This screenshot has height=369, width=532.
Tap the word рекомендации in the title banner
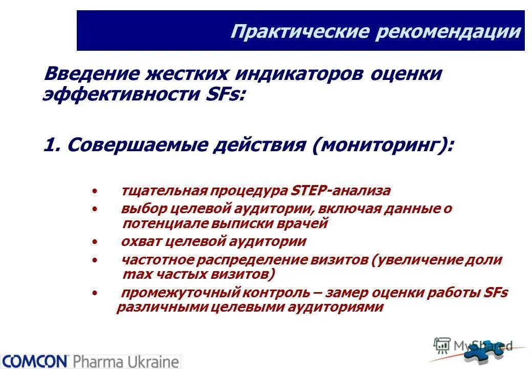(x=448, y=32)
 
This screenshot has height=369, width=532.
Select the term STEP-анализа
(x=340, y=191)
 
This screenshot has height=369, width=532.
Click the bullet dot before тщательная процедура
(x=94, y=192)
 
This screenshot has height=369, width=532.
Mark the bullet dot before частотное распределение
(x=94, y=260)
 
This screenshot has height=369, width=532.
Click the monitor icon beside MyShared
(x=441, y=344)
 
